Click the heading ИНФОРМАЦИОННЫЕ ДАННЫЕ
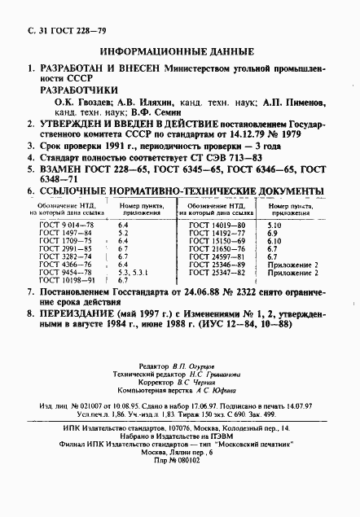(x=180, y=50)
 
